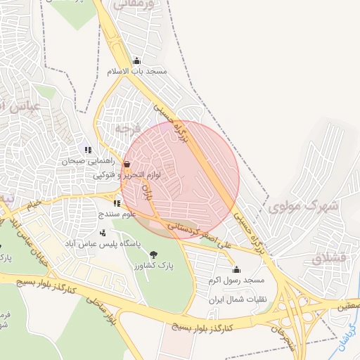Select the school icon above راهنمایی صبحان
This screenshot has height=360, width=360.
(88, 150)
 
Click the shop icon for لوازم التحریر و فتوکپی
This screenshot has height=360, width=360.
(126, 164)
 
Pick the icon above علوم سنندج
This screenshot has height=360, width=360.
(116, 203)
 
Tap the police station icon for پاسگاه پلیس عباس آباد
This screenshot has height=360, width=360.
(103, 233)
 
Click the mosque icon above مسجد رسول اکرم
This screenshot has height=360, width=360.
(236, 269)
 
